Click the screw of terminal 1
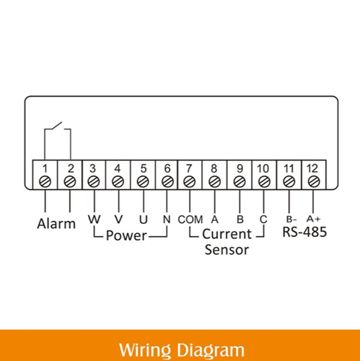pos(45,182)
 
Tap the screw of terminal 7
pos(190,182)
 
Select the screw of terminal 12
pos(314,182)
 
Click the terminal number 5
pos(144,168)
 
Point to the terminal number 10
pos(263,168)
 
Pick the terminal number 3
pos(93,168)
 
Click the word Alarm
pos(56,224)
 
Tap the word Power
pos(126,235)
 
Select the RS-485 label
pos(304,232)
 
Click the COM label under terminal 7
pos(190,219)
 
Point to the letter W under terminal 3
pos(94,219)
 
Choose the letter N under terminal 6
pos(167,219)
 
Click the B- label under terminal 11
pos(291,219)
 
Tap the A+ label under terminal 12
pos(314,219)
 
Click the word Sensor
pos(227,250)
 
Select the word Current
pos(227,234)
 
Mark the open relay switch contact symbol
pos(58,126)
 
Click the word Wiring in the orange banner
pos(145,350)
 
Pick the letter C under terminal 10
pos(263,219)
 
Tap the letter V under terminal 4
pos(118,219)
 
